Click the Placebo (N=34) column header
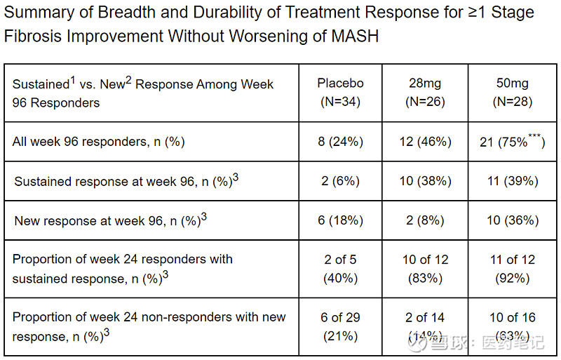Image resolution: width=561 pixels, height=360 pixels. click(x=340, y=93)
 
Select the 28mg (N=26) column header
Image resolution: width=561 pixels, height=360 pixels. click(x=426, y=93)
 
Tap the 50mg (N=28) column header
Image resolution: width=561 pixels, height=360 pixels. click(x=512, y=93)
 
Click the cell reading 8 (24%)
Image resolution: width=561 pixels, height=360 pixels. click(x=340, y=142)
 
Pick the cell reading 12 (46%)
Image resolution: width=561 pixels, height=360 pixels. click(x=426, y=142)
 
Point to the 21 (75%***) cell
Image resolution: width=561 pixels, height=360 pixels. click(x=512, y=142)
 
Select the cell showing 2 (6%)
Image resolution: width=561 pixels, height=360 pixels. click(x=340, y=181)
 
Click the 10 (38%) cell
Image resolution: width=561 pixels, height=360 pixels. click(x=426, y=181)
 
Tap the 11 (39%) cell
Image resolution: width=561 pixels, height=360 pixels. click(x=512, y=181)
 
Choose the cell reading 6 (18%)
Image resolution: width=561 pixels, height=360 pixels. click(x=340, y=220)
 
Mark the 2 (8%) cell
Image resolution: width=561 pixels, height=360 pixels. click(x=426, y=220)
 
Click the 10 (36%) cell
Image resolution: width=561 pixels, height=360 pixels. click(x=512, y=220)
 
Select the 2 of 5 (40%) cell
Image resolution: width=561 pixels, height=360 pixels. click(x=340, y=269)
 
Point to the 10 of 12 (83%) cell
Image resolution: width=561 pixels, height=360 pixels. click(x=426, y=269)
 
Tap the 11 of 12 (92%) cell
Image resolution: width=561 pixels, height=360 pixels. click(x=512, y=269)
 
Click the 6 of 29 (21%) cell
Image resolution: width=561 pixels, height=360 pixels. click(x=340, y=327)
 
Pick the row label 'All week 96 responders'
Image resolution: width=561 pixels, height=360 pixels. click(x=98, y=142)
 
